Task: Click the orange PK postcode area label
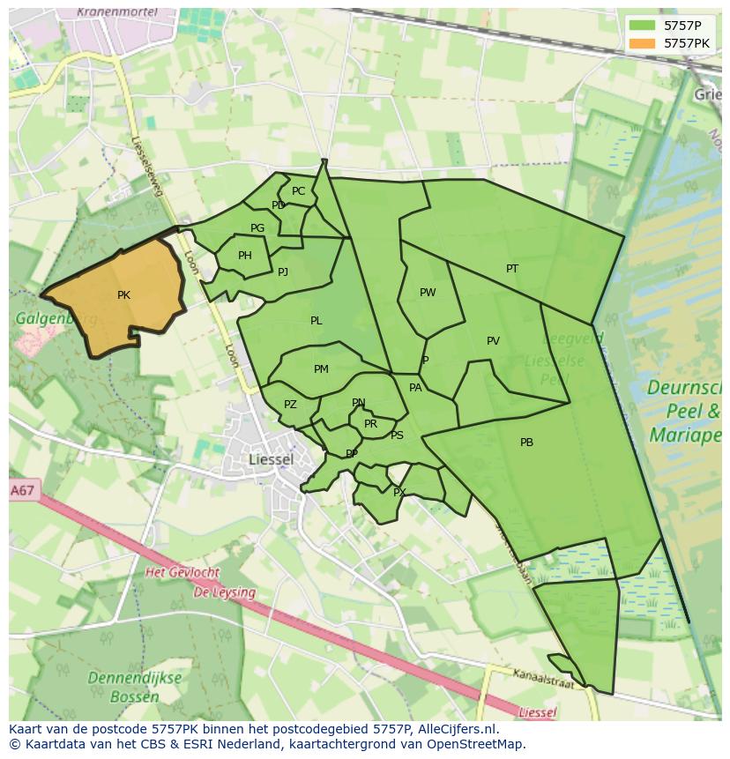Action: tap(123, 295)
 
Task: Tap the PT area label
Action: tap(512, 269)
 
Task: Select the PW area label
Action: tap(428, 293)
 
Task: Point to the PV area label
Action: tap(493, 341)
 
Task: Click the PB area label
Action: tap(526, 443)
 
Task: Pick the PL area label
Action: tap(316, 321)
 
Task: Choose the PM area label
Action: tap(321, 369)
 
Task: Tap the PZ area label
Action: tap(290, 405)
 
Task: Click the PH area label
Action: tap(245, 257)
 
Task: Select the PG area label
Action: tap(257, 228)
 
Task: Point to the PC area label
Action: tap(298, 191)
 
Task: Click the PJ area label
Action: tap(283, 272)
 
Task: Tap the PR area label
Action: tap(370, 424)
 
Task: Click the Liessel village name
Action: tap(271, 459)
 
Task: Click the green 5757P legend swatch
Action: tap(642, 26)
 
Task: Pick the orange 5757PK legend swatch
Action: tap(642, 42)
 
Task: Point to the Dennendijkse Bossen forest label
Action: tap(135, 687)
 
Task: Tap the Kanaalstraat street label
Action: tap(544, 678)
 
